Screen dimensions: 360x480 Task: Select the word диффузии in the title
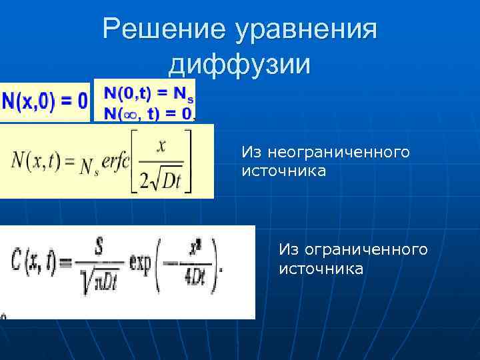(x=240, y=64)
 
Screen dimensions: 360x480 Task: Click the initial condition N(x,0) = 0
(x=45, y=101)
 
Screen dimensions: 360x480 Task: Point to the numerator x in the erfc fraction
(x=161, y=146)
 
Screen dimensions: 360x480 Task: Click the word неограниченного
(x=325, y=153)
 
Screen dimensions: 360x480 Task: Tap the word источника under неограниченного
(x=284, y=172)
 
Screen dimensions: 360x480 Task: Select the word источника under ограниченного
(x=321, y=269)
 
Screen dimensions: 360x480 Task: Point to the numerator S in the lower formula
(x=98, y=249)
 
